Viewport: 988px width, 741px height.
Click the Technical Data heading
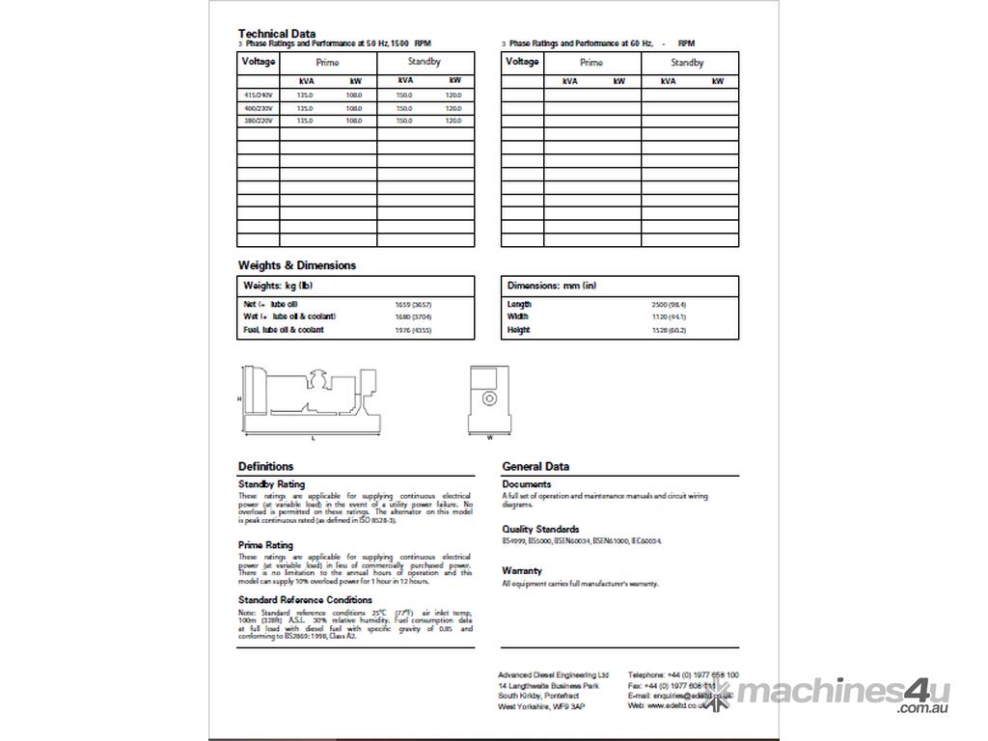point(277,34)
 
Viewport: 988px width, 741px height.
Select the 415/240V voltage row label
point(258,95)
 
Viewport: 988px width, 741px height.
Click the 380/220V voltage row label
point(258,121)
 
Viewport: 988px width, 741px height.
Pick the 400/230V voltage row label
point(258,108)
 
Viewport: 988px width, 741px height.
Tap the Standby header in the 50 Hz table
point(425,63)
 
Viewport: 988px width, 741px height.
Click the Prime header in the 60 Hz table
point(591,63)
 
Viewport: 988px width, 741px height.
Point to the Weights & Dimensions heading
point(297,265)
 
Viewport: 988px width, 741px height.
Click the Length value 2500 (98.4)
point(669,304)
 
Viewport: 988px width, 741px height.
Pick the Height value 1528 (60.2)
point(669,330)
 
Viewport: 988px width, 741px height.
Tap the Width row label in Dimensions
point(518,316)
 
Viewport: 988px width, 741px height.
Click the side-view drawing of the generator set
point(309,400)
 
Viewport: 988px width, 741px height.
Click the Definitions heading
point(266,466)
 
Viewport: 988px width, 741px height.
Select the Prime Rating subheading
point(265,545)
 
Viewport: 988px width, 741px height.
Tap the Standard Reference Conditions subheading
point(305,600)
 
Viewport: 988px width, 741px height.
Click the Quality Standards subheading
point(540,530)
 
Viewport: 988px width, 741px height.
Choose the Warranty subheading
point(522,571)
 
